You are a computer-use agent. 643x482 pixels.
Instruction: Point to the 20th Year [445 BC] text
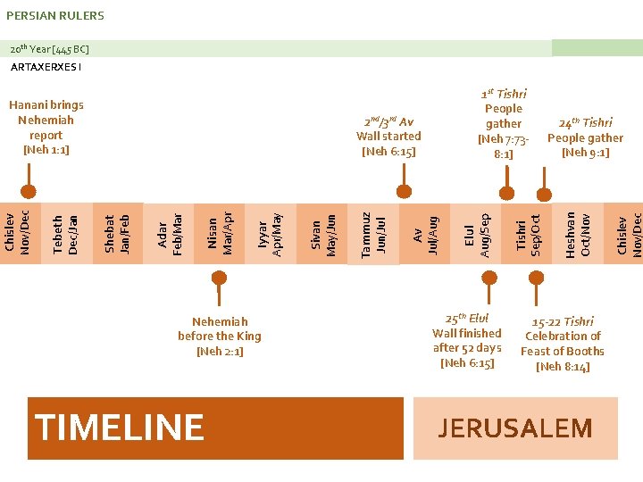tap(49, 48)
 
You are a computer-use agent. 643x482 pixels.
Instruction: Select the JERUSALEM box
tap(515, 428)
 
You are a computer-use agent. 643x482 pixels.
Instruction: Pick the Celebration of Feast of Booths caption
tap(563, 344)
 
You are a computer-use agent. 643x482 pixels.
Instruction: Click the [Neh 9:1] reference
tap(585, 153)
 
